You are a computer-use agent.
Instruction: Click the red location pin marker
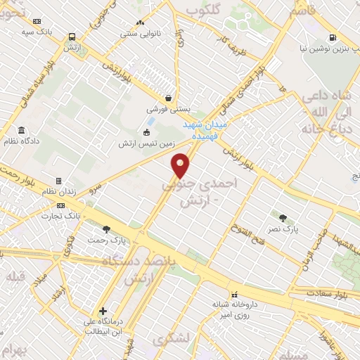(x=181, y=165)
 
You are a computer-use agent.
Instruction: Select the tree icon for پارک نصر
(x=283, y=218)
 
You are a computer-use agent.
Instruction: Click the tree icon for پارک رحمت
(x=107, y=229)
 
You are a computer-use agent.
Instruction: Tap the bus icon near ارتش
(x=72, y=37)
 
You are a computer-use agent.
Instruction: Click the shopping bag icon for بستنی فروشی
(x=168, y=98)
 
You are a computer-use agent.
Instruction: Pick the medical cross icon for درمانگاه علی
(x=103, y=310)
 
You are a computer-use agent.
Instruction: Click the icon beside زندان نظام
(x=59, y=181)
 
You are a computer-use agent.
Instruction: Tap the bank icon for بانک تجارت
(x=60, y=205)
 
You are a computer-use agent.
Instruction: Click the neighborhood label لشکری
(x=175, y=338)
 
